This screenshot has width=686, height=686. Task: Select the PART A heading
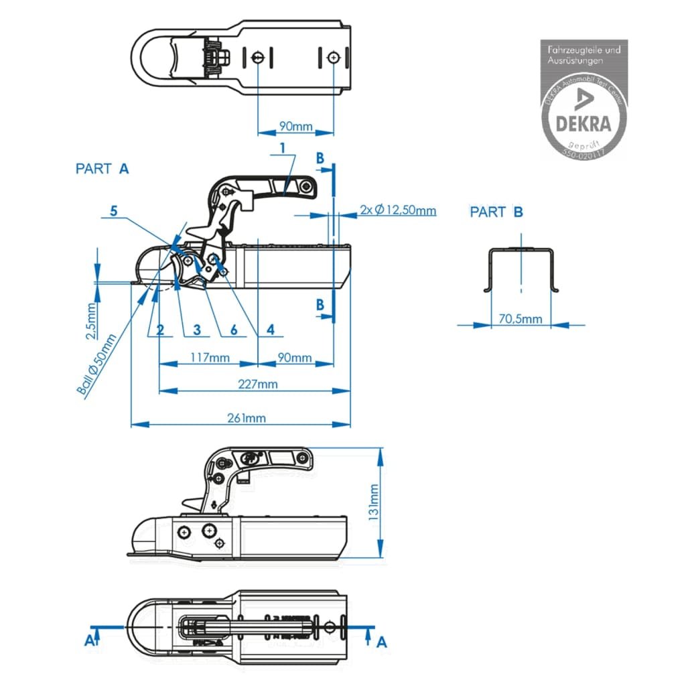[102, 169]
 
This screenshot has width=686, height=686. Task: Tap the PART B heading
[496, 212]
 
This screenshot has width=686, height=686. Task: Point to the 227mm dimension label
[258, 384]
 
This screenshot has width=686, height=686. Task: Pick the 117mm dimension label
[210, 358]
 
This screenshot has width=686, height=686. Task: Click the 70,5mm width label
[521, 319]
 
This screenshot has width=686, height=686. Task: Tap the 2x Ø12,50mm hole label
[398, 210]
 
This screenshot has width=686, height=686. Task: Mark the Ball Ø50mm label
[97, 366]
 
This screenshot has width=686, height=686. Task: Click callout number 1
[283, 147]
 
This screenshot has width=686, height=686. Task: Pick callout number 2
[160, 330]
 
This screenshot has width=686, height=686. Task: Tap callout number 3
[196, 330]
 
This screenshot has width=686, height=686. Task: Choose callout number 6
[233, 330]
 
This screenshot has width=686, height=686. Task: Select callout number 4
[270, 330]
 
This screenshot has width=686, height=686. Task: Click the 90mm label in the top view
[295, 127]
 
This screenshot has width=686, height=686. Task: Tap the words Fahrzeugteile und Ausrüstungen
[584, 54]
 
